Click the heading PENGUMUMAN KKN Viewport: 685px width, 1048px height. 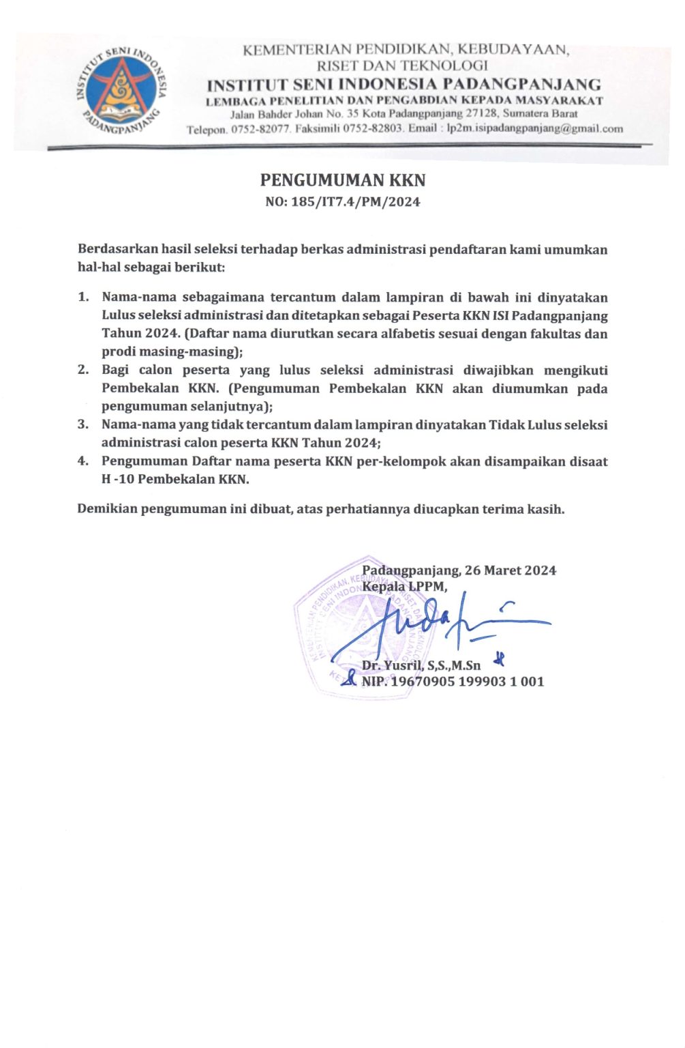[343, 180]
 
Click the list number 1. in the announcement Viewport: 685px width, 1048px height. [83, 297]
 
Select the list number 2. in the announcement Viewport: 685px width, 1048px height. [83, 370]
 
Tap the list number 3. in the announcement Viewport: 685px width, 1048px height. [83, 424]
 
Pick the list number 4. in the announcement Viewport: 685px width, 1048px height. [83, 461]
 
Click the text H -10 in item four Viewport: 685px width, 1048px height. [118, 479]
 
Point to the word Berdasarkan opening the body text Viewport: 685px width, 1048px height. [117, 250]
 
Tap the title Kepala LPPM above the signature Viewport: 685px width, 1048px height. [404, 587]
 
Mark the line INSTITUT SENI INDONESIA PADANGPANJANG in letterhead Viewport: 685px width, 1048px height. [404, 85]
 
